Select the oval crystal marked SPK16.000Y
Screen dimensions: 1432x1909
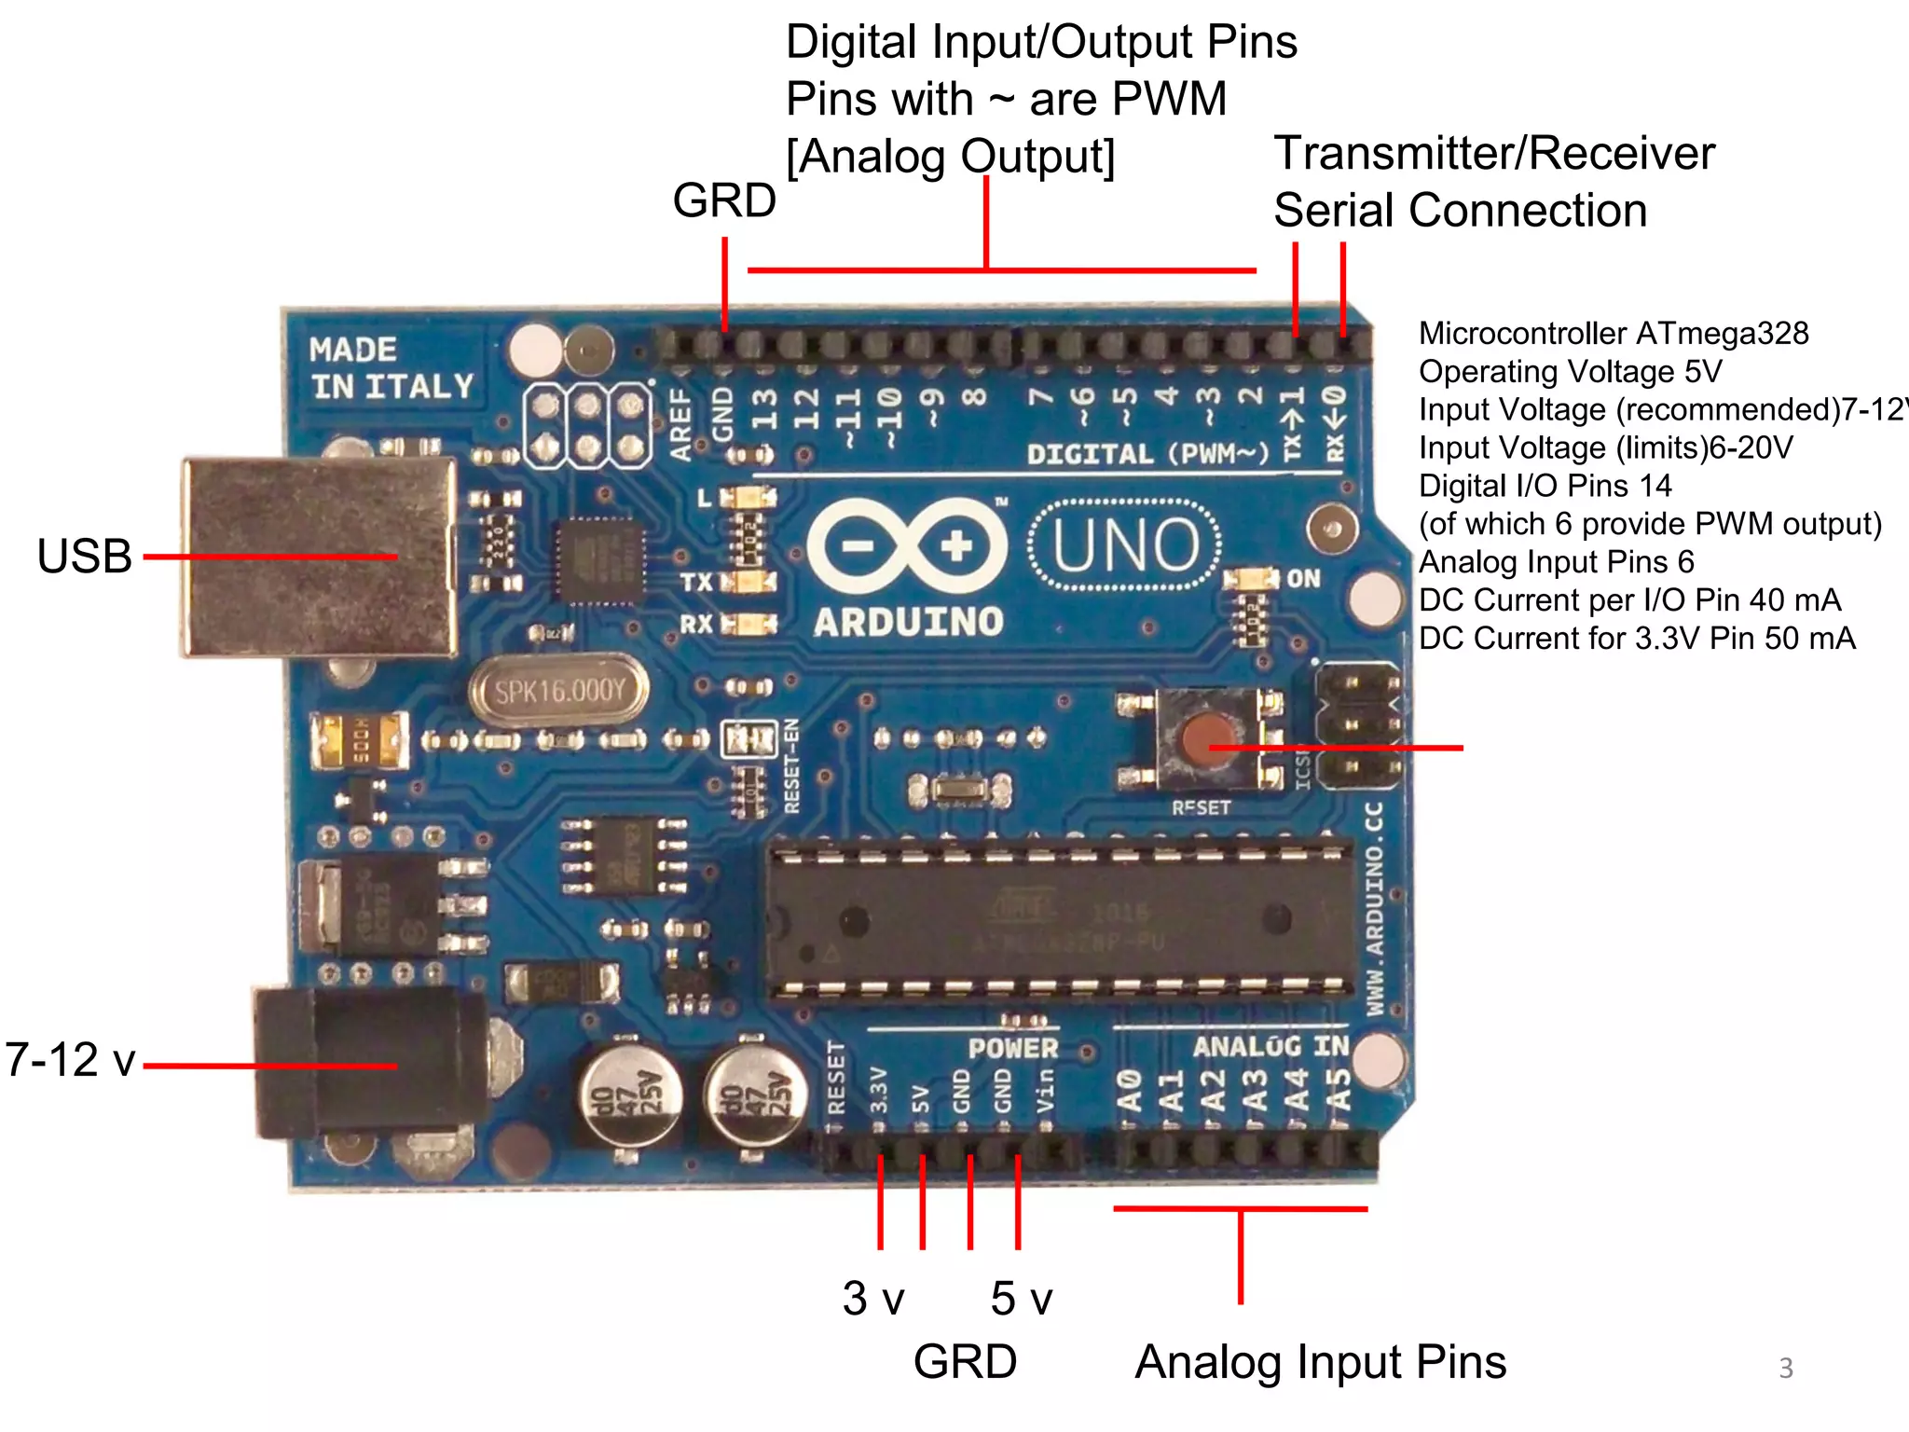click(x=559, y=692)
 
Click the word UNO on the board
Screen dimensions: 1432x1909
click(x=1125, y=545)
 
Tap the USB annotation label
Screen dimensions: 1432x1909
click(x=84, y=557)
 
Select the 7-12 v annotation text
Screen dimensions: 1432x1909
click(x=71, y=1060)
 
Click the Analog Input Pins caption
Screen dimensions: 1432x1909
click(x=1320, y=1362)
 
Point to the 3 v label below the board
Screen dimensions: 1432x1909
click(x=873, y=1298)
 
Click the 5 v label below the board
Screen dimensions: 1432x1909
click(x=1022, y=1298)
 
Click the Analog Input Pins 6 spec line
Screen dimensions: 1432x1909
click(x=1556, y=562)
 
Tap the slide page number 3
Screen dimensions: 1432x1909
click(x=1786, y=1368)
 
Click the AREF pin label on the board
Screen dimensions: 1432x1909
click(x=681, y=425)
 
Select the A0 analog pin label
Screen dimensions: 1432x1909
click(x=1130, y=1090)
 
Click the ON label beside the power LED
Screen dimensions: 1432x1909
click(x=1303, y=579)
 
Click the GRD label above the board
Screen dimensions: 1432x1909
click(x=724, y=200)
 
